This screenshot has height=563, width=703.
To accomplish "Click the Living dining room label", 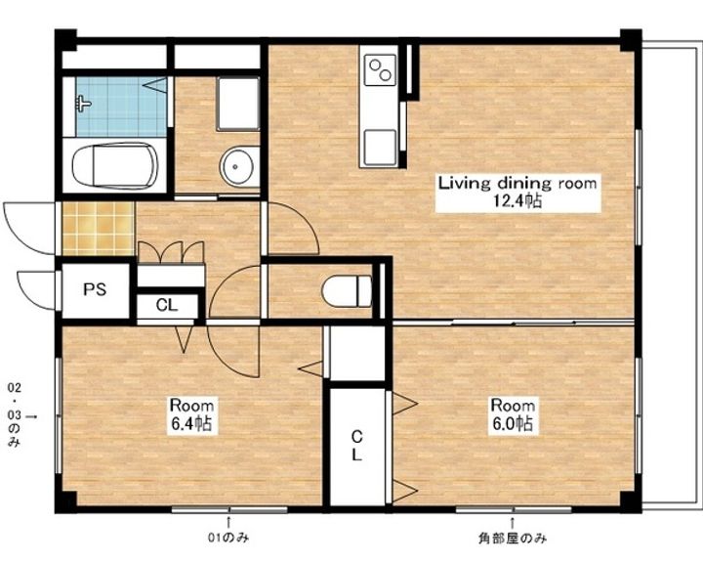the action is point(517,183).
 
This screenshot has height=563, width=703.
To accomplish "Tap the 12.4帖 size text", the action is point(517,200).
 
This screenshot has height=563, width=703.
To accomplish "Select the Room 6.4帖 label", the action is point(191,414).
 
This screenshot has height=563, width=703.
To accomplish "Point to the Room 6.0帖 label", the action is point(513,414).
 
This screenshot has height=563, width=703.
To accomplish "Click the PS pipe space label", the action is point(95,289).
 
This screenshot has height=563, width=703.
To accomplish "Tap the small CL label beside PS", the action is point(167,306).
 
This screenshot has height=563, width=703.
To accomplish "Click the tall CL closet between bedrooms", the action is point(356,446).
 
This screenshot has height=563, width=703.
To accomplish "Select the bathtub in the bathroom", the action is point(115,165).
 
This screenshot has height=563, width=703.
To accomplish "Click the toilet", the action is point(347,291).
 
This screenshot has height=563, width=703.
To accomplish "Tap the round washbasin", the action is point(236,166).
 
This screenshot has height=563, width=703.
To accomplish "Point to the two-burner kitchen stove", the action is point(380,69).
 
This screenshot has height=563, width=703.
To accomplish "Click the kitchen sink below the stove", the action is point(380,148).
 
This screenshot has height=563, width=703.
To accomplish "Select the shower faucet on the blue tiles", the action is point(83,105).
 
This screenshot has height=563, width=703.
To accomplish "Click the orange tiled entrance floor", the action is point(99,229).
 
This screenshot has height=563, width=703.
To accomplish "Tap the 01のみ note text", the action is point(228,538).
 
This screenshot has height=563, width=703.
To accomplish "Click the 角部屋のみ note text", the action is point(513,538).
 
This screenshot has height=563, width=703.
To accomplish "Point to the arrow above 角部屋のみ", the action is point(512,523).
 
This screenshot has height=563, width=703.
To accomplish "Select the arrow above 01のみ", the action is point(228,523).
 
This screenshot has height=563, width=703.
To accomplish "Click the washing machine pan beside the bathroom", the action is point(238,104).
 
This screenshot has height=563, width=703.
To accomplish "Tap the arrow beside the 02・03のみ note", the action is point(31,416).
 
